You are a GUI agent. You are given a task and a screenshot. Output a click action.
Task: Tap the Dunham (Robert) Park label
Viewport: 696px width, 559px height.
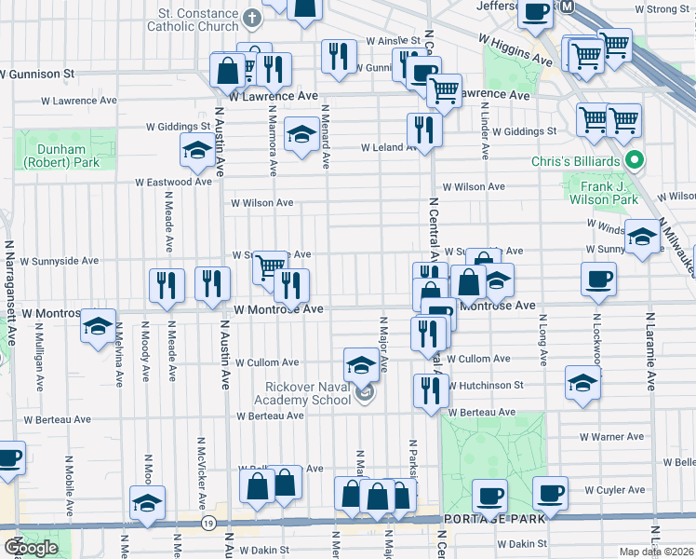(x=56, y=156)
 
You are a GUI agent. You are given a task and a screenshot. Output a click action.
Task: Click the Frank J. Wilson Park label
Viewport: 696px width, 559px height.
(x=603, y=193)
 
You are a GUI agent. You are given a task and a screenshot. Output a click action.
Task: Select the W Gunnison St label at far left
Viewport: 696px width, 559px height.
(x=36, y=73)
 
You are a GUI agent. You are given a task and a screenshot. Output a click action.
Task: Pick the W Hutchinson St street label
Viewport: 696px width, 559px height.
(x=484, y=384)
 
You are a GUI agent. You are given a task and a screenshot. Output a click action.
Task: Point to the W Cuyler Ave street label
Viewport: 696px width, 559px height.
(x=614, y=489)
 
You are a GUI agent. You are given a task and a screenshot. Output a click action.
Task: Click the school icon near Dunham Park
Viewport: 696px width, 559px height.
(x=197, y=150)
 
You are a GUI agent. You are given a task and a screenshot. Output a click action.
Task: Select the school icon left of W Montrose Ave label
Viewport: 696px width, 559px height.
(x=97, y=327)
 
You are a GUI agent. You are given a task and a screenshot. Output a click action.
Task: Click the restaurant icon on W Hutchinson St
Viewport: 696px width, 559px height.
(x=430, y=390)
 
